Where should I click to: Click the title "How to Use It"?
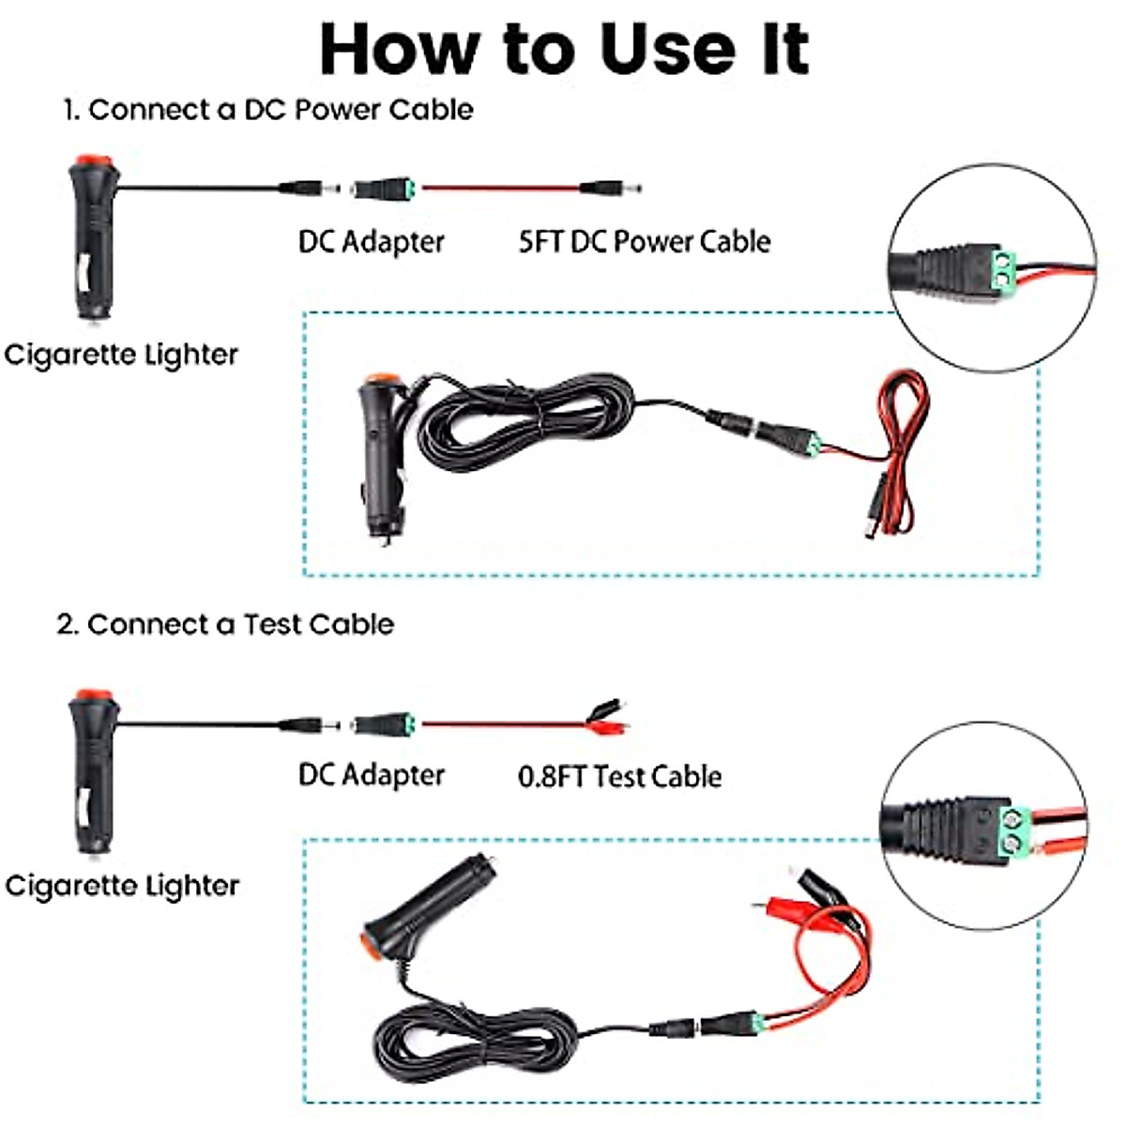[x=564, y=49]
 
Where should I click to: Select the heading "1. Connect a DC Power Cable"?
[x=267, y=110]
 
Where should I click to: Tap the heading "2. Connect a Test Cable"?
[x=225, y=624]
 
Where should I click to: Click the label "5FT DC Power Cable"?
[x=645, y=241]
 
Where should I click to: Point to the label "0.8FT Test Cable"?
[x=619, y=776]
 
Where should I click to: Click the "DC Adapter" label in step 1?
[x=371, y=241]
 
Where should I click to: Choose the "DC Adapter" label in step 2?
[x=371, y=775]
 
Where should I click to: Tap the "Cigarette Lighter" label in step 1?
[x=121, y=355]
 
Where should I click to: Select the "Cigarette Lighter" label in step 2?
[x=122, y=886]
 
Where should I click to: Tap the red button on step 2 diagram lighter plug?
[x=91, y=699]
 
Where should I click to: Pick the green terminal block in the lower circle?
[x=1015, y=833]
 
